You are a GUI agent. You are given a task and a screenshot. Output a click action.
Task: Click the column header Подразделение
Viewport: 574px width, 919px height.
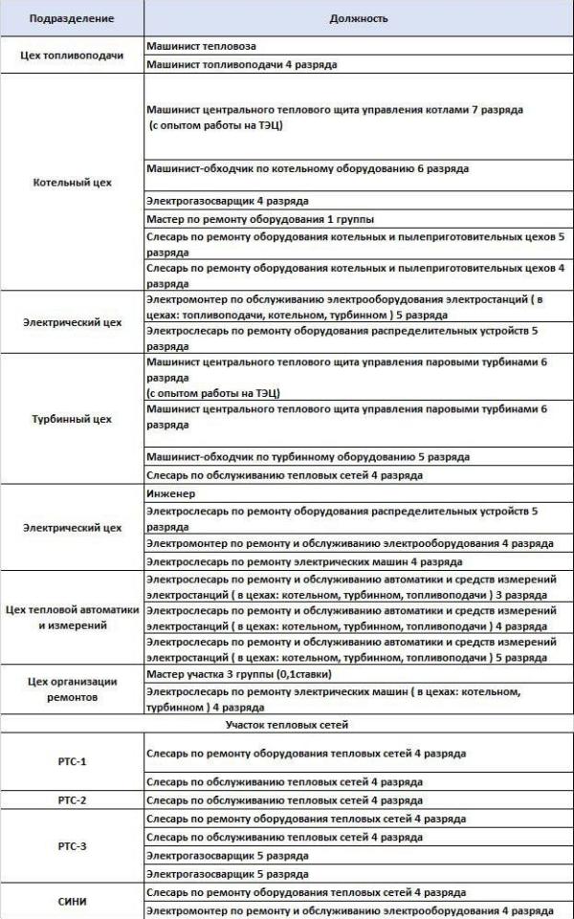click(x=72, y=17)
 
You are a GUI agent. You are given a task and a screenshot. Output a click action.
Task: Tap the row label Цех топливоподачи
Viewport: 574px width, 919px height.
click(x=72, y=55)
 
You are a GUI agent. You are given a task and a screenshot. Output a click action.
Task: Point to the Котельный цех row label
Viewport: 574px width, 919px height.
click(x=72, y=182)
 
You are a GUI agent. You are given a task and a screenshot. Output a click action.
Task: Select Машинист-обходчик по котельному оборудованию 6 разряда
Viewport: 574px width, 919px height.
click(x=307, y=168)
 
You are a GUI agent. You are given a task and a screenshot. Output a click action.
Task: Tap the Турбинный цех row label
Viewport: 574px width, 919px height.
click(x=72, y=419)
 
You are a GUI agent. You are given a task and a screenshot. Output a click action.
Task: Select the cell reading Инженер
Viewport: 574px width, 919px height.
click(x=172, y=494)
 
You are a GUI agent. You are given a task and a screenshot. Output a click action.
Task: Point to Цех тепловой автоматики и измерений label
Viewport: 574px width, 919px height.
click(x=72, y=617)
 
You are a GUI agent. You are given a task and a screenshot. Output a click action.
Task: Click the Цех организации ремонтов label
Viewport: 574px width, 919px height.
click(x=72, y=689)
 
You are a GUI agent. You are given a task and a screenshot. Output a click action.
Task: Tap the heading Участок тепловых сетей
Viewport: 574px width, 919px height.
click(x=287, y=727)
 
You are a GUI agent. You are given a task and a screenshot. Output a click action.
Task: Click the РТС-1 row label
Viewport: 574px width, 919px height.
click(x=72, y=763)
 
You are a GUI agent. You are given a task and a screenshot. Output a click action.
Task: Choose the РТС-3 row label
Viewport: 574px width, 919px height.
click(x=72, y=846)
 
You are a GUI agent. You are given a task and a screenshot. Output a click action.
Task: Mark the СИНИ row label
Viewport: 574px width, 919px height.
click(x=72, y=900)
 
